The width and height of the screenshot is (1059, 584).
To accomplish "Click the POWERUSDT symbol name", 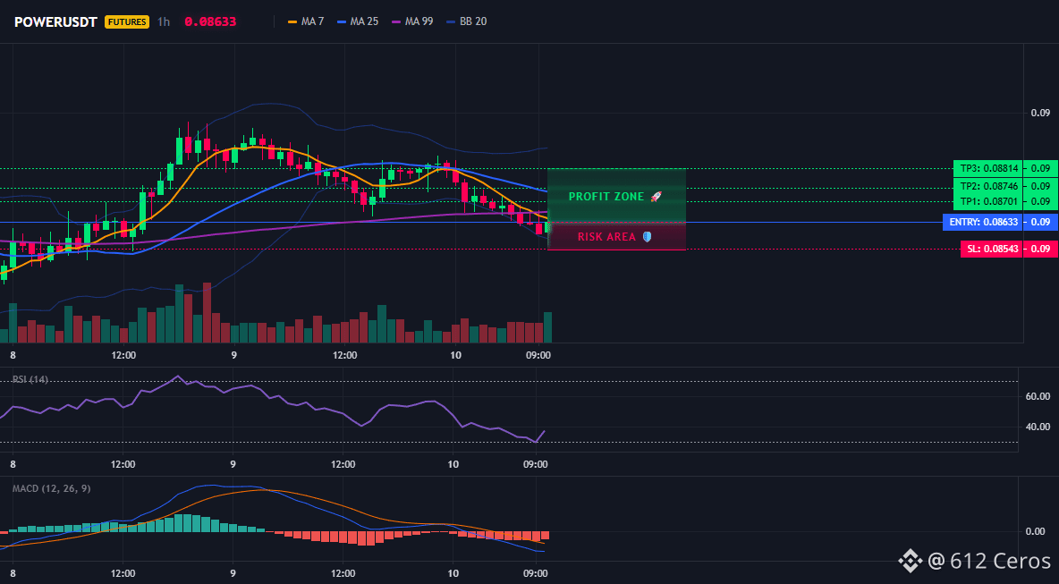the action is pyautogui.click(x=56, y=21).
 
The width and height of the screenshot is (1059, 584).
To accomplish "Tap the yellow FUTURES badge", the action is pyautogui.click(x=127, y=21).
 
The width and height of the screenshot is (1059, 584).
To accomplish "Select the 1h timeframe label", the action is pyautogui.click(x=164, y=21).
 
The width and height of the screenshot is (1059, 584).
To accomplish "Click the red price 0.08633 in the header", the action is pyautogui.click(x=210, y=21).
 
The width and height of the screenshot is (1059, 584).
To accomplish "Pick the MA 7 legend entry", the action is pyautogui.click(x=306, y=21).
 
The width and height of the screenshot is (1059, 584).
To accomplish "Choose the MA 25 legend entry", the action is pyautogui.click(x=358, y=21).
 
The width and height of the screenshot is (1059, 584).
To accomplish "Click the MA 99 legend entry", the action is pyautogui.click(x=412, y=21).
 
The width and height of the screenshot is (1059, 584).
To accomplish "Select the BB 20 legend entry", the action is pyautogui.click(x=467, y=21).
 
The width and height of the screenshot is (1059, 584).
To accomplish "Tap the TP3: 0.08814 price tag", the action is pyautogui.click(x=987, y=168).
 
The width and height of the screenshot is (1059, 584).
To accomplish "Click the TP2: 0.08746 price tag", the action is pyautogui.click(x=987, y=186).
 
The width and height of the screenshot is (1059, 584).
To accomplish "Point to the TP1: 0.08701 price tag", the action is pyautogui.click(x=987, y=201).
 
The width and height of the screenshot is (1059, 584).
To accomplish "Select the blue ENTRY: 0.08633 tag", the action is pyautogui.click(x=983, y=222).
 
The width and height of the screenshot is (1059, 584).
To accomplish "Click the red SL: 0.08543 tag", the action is pyautogui.click(x=991, y=250).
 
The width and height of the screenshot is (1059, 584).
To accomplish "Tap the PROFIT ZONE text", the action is pyautogui.click(x=606, y=197).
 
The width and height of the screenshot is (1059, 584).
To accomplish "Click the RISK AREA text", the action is pyautogui.click(x=606, y=237).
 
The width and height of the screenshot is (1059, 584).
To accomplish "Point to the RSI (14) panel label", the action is pyautogui.click(x=30, y=379).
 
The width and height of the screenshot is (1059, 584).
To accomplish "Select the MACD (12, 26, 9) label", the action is pyautogui.click(x=51, y=488).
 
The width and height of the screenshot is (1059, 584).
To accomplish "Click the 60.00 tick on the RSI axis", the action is pyautogui.click(x=1038, y=396).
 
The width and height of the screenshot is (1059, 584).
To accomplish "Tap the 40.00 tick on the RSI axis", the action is pyautogui.click(x=1038, y=427).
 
